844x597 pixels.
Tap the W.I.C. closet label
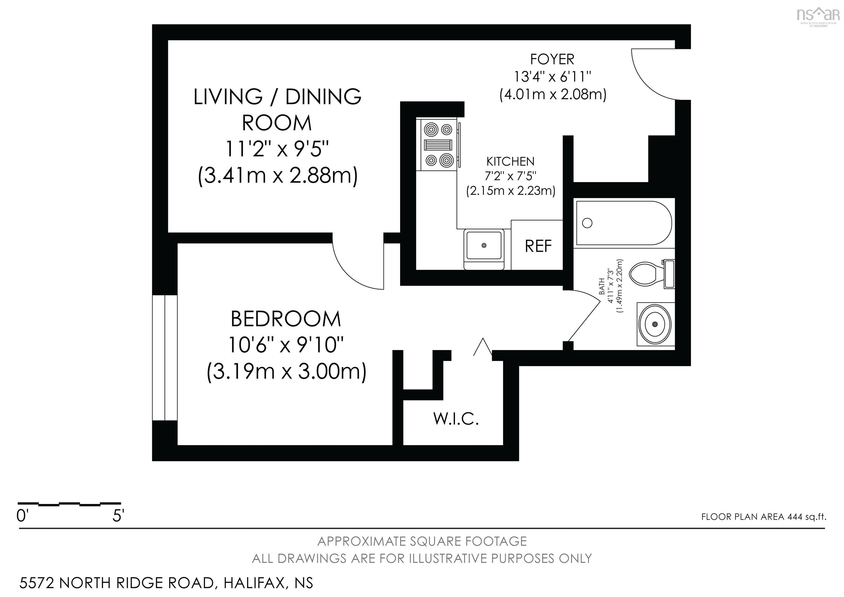point(456,419)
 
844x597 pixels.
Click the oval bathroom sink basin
point(655,324)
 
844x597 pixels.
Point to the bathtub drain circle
point(587,223)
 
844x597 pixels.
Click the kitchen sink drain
point(484,245)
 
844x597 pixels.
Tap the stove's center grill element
point(438,145)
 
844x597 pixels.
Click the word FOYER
point(552,59)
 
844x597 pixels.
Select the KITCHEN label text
point(510,161)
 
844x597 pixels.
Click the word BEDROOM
point(286,319)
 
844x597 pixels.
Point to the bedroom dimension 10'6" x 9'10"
point(286,345)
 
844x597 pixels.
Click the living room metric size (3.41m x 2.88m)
point(277,176)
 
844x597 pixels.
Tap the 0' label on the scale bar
point(22,516)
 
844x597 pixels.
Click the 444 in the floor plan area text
point(794,517)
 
